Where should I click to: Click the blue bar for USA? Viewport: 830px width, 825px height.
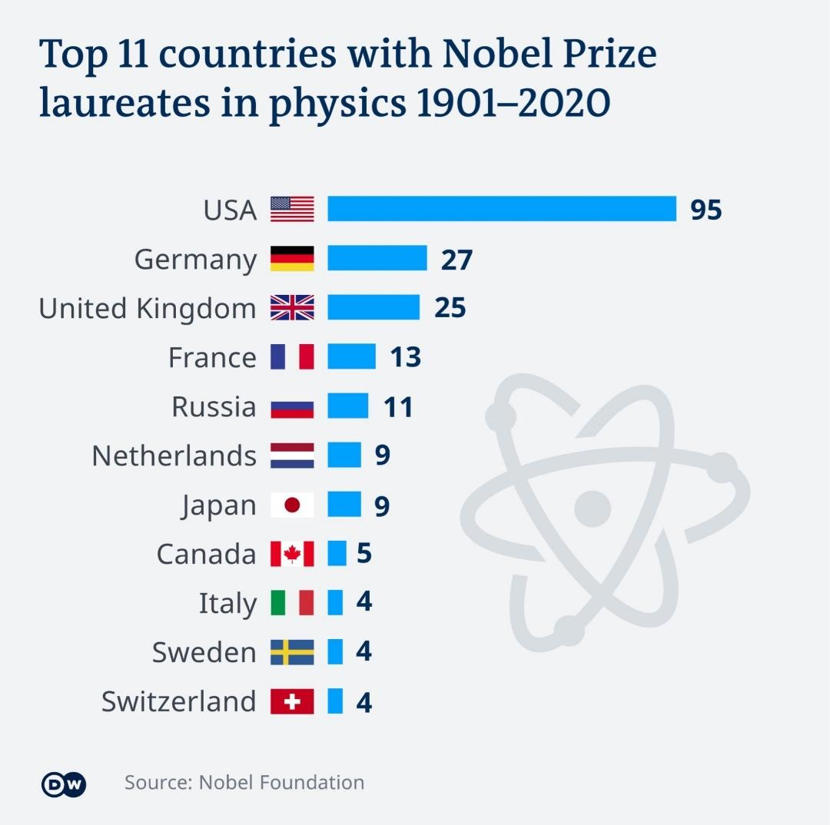tap(502, 209)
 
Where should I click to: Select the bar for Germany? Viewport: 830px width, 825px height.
tap(377, 258)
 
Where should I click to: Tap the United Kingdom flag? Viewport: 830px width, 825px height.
tap(292, 307)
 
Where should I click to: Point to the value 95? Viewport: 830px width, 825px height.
tap(705, 210)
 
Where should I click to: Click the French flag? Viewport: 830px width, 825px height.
tap(292, 356)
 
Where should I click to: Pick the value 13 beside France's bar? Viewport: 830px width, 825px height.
tap(405, 357)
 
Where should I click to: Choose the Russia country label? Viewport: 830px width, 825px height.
tap(214, 406)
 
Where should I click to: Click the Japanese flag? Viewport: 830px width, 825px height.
tap(292, 505)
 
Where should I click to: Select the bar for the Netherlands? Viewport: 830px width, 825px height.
tap(344, 456)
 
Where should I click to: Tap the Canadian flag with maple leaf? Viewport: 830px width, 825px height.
tap(292, 554)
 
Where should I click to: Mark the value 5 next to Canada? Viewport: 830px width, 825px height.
tap(364, 554)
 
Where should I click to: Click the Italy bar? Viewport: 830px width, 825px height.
tap(335, 603)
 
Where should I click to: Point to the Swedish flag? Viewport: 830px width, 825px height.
tap(292, 652)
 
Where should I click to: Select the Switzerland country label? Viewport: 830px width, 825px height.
tap(178, 701)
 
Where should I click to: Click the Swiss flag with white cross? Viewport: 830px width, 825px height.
tap(292, 701)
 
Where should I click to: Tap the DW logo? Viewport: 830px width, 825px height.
tap(64, 784)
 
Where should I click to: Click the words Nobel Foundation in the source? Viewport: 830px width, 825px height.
tap(281, 782)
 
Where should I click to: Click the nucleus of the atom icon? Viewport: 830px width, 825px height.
tap(592, 508)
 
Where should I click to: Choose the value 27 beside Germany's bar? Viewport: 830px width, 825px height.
tap(456, 260)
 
